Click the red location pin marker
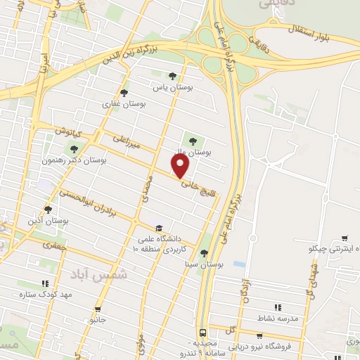[x=181, y=166]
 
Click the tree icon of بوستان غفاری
[x=124, y=92]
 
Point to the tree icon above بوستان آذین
[x=48, y=209]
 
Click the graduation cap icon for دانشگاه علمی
[x=160, y=228]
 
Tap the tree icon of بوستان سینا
[x=204, y=254]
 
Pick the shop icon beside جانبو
[x=98, y=309]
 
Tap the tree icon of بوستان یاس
[x=172, y=76]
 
